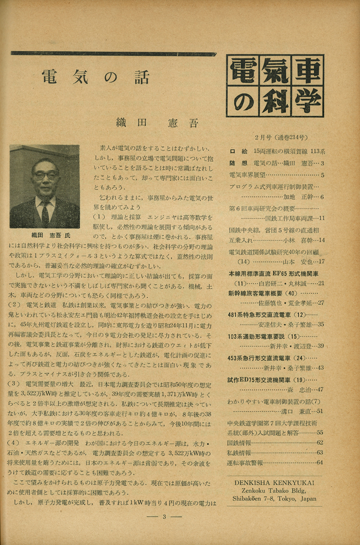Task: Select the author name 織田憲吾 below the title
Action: tap(157, 123)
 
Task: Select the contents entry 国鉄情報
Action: tap(240, 442)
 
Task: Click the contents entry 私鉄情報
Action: tap(240, 453)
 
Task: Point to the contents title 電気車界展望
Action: tap(247, 175)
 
